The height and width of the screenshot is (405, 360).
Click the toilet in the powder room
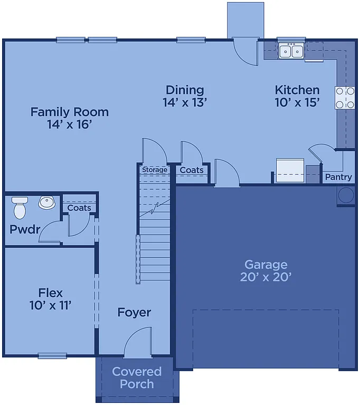click(x=20, y=207)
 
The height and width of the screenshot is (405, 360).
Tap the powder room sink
click(x=46, y=202)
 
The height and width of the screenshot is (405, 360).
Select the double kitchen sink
click(x=291, y=51)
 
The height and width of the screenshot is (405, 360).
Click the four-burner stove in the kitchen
click(x=344, y=98)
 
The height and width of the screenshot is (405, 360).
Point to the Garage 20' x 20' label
click(x=266, y=271)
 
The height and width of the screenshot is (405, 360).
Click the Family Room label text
click(x=69, y=118)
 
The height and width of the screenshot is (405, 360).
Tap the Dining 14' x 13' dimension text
click(x=184, y=102)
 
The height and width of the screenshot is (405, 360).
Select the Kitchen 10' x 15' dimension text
click(x=297, y=102)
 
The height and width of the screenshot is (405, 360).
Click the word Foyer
click(x=134, y=312)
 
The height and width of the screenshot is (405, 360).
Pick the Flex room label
click(x=51, y=298)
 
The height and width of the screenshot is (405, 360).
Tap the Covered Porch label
click(x=136, y=378)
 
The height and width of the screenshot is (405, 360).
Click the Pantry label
click(x=338, y=177)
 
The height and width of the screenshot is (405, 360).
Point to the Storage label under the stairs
click(x=154, y=170)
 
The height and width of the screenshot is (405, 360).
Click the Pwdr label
click(x=21, y=230)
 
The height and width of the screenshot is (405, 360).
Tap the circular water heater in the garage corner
click(x=346, y=195)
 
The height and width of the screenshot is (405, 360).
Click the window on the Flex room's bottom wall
click(x=52, y=355)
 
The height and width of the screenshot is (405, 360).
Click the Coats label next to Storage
click(x=192, y=170)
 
